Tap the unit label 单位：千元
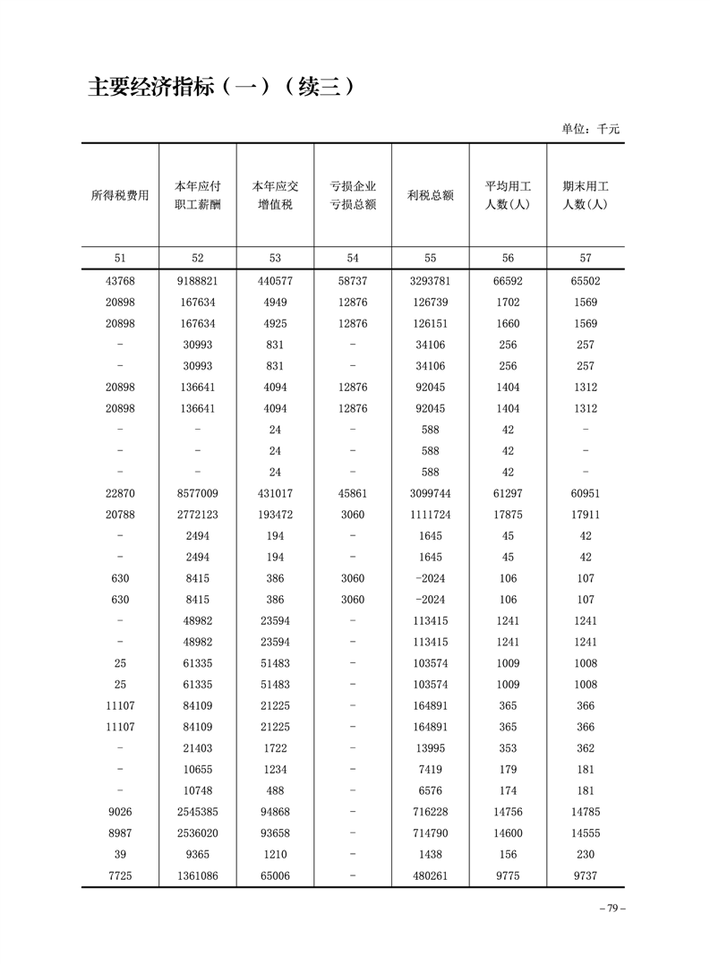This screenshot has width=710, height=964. point(590,129)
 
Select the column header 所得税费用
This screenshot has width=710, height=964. point(120,195)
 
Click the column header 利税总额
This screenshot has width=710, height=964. point(430,195)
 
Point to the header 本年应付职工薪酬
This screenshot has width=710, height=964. point(198,195)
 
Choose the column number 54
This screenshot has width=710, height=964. point(353,258)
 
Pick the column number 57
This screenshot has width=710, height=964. point(586,258)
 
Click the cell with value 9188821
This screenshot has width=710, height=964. point(198,281)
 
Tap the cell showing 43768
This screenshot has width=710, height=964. point(120,281)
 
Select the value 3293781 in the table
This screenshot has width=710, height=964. point(430,281)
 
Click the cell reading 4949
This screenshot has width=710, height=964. point(275,303)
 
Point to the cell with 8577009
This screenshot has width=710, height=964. point(198,493)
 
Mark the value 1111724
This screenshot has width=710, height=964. point(430,515)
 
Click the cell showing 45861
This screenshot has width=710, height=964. point(353,493)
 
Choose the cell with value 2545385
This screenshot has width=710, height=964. point(198,812)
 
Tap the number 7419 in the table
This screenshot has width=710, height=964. point(430,769)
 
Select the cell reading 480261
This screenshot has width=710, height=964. point(430,875)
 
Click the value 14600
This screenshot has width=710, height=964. point(508,832)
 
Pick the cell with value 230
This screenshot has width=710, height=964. point(586,854)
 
